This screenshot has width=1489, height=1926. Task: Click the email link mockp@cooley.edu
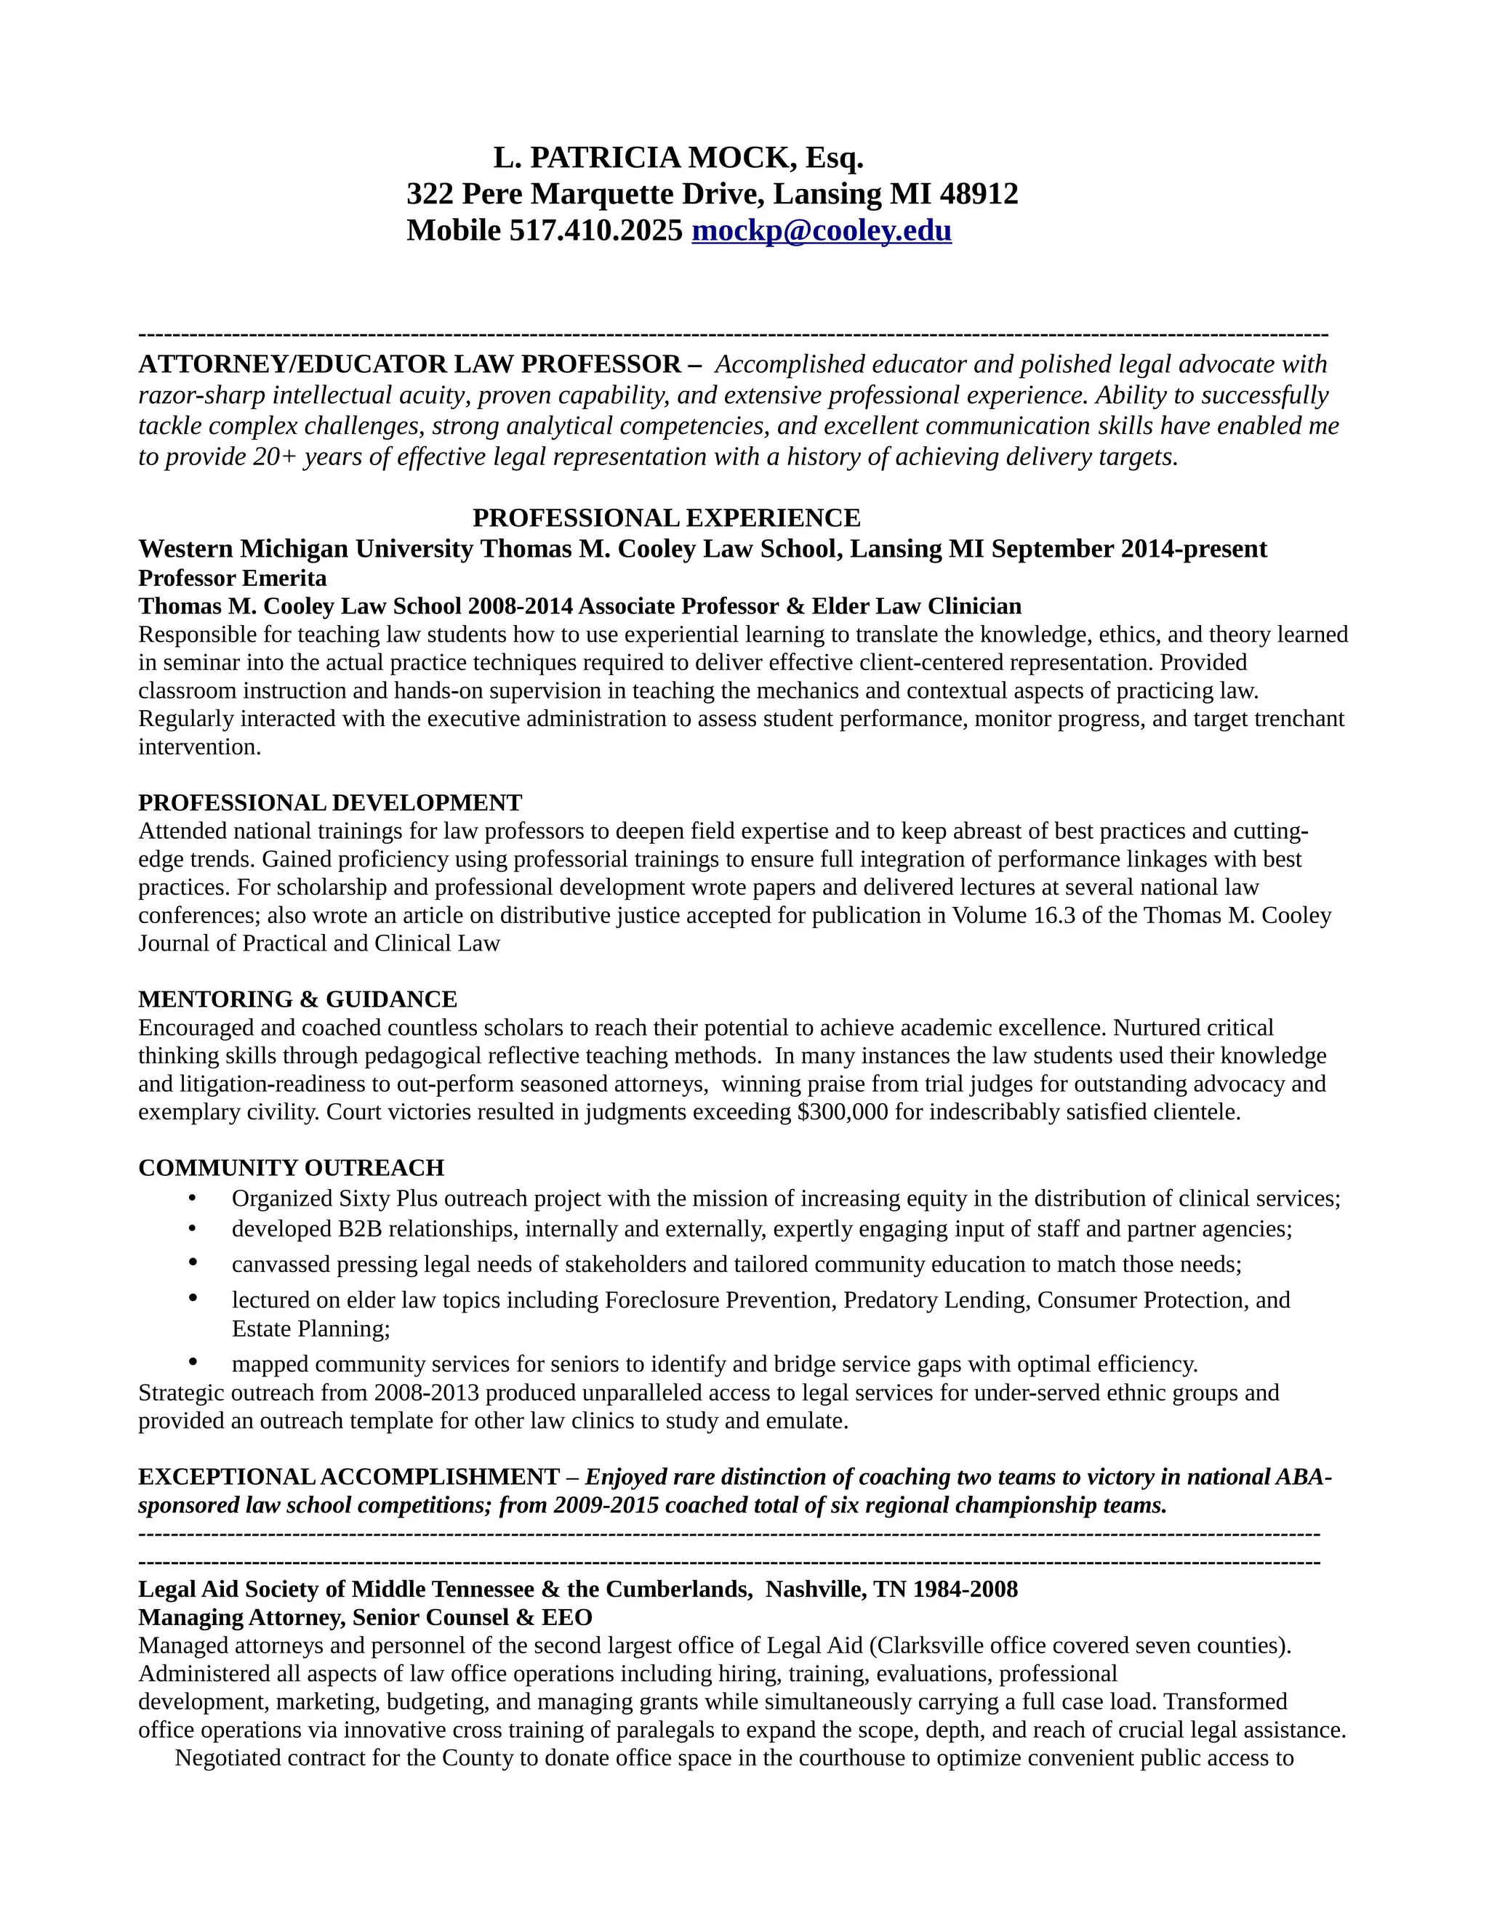pos(822,231)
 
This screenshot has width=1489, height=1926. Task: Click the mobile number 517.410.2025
pos(595,231)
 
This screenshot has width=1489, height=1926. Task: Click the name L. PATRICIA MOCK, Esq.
pos(678,158)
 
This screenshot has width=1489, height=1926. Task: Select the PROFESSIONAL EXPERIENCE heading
pos(666,517)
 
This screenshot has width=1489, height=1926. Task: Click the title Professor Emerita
pos(232,579)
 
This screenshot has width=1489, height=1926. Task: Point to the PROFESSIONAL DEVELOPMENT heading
pos(330,802)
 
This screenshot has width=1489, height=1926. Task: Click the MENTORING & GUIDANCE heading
pos(297,999)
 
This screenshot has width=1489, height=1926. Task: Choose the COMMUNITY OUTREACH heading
pos(291,1168)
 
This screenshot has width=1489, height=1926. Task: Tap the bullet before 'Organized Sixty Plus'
pos(192,1198)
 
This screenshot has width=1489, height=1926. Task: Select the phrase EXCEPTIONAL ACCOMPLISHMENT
pos(348,1477)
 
